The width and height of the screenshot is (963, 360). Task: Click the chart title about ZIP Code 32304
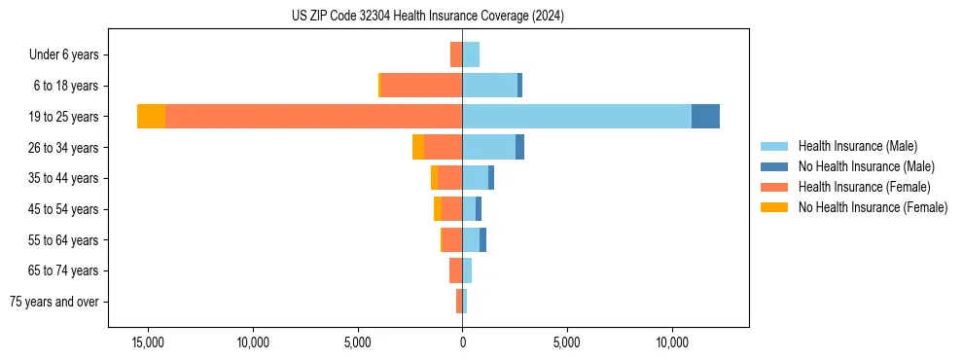pos(427,17)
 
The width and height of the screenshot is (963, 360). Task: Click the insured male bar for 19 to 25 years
pos(577,117)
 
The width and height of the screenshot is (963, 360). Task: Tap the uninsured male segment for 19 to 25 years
pos(705,117)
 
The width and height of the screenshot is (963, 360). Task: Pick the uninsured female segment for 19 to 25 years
pos(151,117)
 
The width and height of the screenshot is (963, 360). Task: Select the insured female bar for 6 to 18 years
pos(421,86)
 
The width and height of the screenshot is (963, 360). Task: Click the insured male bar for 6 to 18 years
pos(489,86)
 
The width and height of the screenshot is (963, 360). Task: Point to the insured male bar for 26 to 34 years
pos(488,147)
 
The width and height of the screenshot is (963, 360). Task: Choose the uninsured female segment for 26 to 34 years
pos(418,147)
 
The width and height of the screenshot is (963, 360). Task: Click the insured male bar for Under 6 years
pos(471,54)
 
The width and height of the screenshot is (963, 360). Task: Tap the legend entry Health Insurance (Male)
pos(857,146)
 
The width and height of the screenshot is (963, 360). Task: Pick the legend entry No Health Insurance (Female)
pos(873,207)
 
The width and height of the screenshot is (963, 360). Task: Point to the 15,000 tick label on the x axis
pos(148,343)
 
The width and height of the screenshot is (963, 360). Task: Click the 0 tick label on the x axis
pos(462,343)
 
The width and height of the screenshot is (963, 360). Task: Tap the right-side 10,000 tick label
pos(672,343)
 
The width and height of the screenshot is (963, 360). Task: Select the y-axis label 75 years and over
pos(54,302)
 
